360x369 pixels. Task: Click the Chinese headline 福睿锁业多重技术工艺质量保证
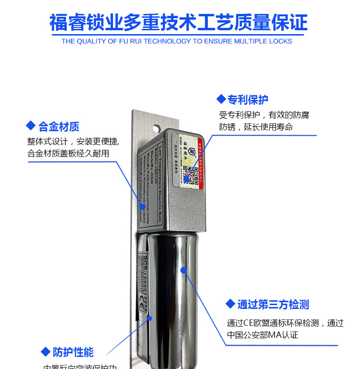pyautogui.click(x=179, y=23)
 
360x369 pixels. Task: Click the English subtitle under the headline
pyautogui.click(x=177, y=41)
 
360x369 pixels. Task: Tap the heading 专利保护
pyautogui.click(x=248, y=99)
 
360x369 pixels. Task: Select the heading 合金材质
pyautogui.click(x=59, y=127)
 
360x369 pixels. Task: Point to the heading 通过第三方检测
pyautogui.click(x=273, y=305)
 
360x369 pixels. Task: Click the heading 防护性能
pyautogui.click(x=73, y=352)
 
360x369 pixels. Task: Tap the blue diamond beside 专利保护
pyautogui.click(x=221, y=99)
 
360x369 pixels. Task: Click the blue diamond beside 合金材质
pyautogui.click(x=31, y=126)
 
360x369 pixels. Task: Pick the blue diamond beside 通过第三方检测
pyautogui.click(x=230, y=304)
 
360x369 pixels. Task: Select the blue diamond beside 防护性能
pyautogui.click(x=46, y=352)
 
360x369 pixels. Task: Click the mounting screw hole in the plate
pyautogui.click(x=156, y=129)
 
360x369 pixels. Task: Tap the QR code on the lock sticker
pyautogui.click(x=192, y=173)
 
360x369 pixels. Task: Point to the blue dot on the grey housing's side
pyautogui.click(x=142, y=207)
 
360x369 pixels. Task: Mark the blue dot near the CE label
pyautogui.click(x=149, y=318)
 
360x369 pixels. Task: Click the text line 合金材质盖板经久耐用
pyautogui.click(x=69, y=154)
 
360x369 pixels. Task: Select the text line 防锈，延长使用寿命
pyautogui.click(x=256, y=127)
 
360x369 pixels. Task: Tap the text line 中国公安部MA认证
pyautogui.click(x=263, y=335)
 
